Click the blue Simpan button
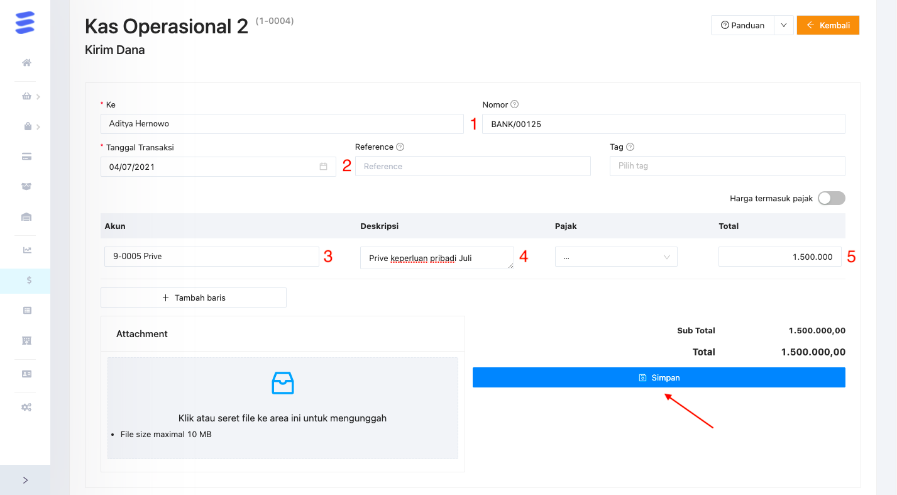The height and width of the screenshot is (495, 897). pyautogui.click(x=658, y=377)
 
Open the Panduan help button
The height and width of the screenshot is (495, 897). pyautogui.click(x=742, y=25)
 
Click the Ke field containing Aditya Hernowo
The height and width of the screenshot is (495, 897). pyautogui.click(x=282, y=124)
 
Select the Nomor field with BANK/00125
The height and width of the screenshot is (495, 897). pyautogui.click(x=663, y=124)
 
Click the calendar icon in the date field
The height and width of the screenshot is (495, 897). pyautogui.click(x=323, y=167)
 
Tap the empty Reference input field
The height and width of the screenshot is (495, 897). pyautogui.click(x=472, y=167)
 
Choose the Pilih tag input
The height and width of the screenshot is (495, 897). pyautogui.click(x=727, y=166)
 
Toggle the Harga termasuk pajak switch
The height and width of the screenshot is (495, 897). pyautogui.click(x=831, y=198)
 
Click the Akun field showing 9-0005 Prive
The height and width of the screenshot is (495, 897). pyautogui.click(x=211, y=257)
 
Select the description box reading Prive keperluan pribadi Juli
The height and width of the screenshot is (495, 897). pyautogui.click(x=436, y=258)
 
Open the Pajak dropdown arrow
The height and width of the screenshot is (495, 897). pyautogui.click(x=666, y=257)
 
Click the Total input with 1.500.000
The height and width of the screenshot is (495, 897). pyautogui.click(x=779, y=257)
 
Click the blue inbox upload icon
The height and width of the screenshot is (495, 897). pyautogui.click(x=282, y=382)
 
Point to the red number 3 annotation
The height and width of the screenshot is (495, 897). pyautogui.click(x=327, y=257)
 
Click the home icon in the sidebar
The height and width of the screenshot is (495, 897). pyautogui.click(x=26, y=63)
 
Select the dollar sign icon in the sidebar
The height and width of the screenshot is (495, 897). pyautogui.click(x=28, y=281)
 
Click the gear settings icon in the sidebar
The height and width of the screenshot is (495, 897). pyautogui.click(x=26, y=407)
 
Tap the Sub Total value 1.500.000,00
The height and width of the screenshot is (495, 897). pyautogui.click(x=817, y=330)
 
